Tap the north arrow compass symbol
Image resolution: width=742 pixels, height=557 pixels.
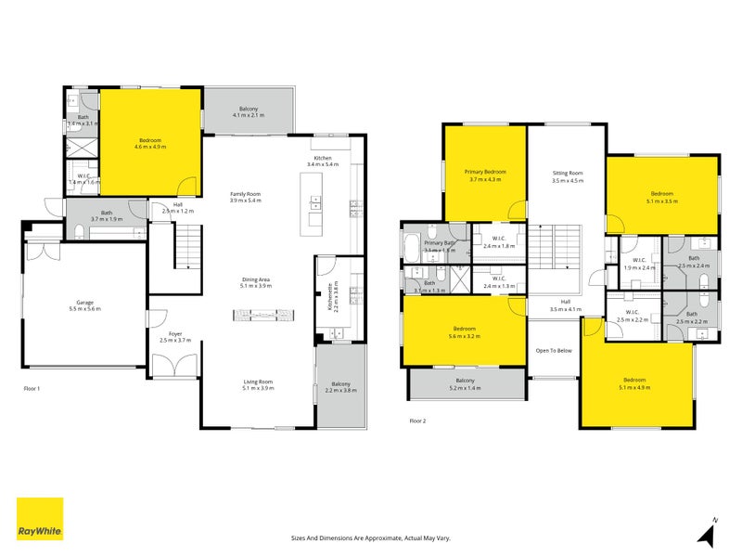pos(709,533)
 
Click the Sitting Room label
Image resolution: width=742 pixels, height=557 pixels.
pos(567,174)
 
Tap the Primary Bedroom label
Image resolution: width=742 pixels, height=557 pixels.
pos(486,172)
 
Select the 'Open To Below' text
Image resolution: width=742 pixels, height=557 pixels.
pos(554,350)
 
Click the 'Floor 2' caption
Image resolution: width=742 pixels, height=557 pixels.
pos(418,421)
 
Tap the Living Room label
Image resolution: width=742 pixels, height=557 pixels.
pos(258,382)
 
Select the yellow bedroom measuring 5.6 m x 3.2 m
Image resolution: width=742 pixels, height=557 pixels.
pos(465,331)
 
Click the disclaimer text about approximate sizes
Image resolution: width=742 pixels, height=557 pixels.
pos(371,538)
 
